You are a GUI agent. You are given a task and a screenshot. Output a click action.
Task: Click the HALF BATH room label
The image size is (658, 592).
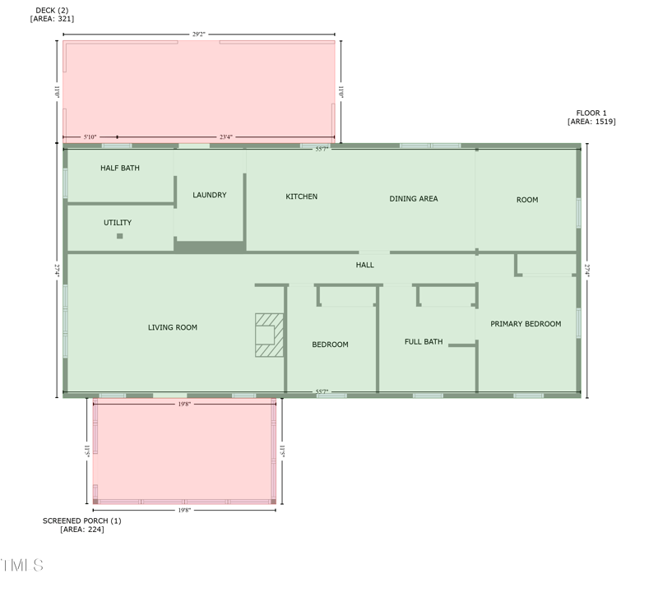pyautogui.click(x=120, y=168)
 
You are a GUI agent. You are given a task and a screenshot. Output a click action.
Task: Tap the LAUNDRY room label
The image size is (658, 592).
pyautogui.click(x=209, y=195)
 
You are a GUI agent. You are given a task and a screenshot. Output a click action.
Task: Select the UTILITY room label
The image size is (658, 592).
pyautogui.click(x=118, y=223)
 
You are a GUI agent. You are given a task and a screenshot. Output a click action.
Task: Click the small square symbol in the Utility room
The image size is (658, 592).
pyautogui.click(x=119, y=236)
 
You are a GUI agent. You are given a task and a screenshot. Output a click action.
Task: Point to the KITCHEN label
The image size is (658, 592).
pyautogui.click(x=301, y=197)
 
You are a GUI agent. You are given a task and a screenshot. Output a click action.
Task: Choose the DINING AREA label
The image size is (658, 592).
pyautogui.click(x=413, y=198)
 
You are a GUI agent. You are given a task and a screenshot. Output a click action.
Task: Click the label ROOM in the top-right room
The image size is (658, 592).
pyautogui.click(x=527, y=200)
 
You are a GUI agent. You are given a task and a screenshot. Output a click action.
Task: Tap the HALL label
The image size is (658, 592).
pyautogui.click(x=365, y=265)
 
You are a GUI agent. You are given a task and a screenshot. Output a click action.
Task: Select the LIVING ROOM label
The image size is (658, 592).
pyautogui.click(x=173, y=327)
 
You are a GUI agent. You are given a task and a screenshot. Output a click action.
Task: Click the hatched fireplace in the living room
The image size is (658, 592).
pyautogui.click(x=268, y=335)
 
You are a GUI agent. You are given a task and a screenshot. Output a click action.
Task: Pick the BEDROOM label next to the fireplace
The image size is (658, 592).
pyautogui.click(x=330, y=345)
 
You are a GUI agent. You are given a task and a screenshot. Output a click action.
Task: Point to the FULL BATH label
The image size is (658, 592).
pyautogui.click(x=424, y=341)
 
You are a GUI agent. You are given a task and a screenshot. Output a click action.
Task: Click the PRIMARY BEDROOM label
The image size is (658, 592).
pyautogui.click(x=526, y=324)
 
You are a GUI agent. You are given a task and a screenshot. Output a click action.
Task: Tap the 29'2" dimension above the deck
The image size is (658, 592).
pyautogui.click(x=199, y=35)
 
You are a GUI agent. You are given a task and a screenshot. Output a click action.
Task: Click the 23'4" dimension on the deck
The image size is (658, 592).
pyautogui.click(x=225, y=136)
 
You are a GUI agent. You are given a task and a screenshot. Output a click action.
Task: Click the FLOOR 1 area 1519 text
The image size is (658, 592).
pyautogui.click(x=591, y=117)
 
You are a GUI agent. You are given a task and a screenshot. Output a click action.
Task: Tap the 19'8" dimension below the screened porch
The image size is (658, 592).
pyautogui.click(x=184, y=510)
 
